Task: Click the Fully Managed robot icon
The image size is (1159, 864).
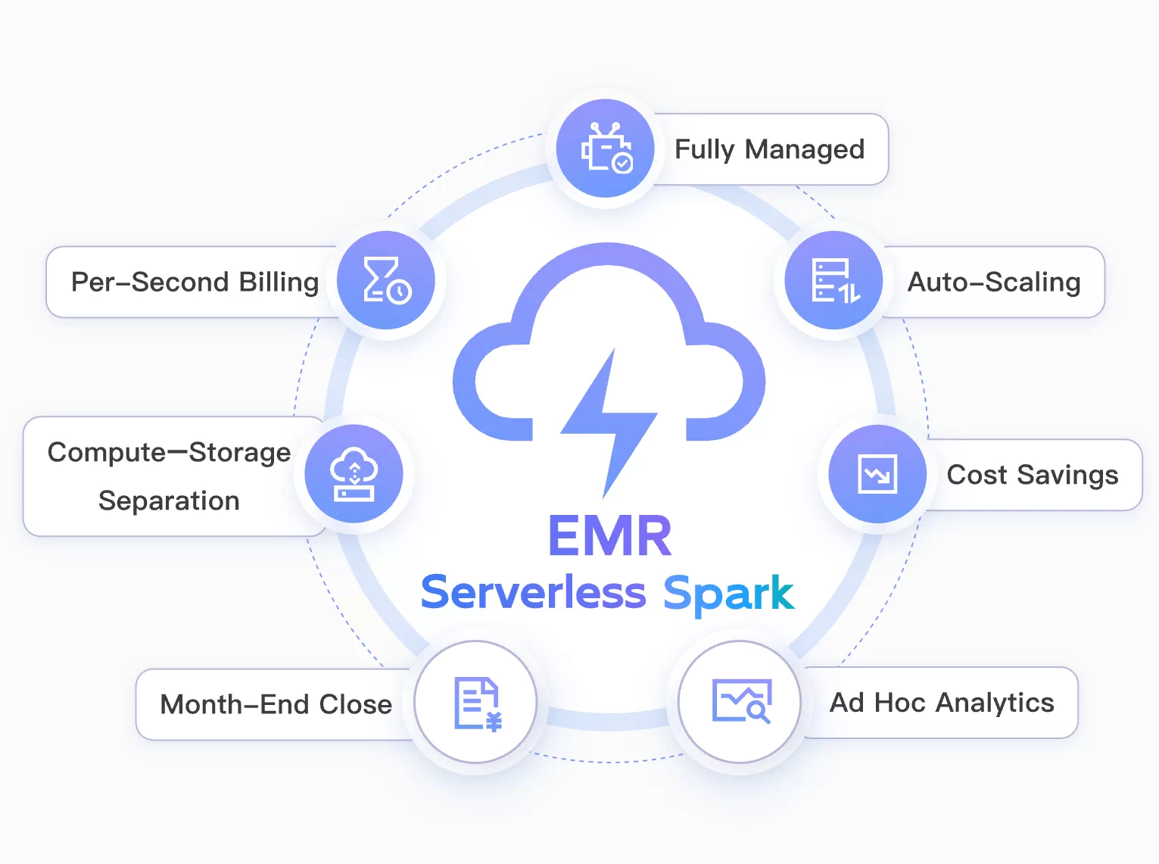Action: [x=606, y=148]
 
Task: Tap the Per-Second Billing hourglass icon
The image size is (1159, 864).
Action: [x=386, y=280]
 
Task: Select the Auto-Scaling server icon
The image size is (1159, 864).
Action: [x=834, y=280]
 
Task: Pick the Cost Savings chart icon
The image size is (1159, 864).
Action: [x=877, y=474]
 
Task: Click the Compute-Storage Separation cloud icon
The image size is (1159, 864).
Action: [x=354, y=474]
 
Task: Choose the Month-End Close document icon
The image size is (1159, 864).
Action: [x=476, y=703]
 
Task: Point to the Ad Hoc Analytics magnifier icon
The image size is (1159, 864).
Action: [x=741, y=701]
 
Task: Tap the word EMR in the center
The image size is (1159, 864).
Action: [x=609, y=536]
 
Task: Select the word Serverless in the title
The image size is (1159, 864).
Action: [x=533, y=592]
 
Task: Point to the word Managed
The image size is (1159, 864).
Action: [x=804, y=150]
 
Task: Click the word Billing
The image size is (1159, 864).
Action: [x=279, y=282]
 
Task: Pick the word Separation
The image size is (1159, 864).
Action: [x=169, y=501]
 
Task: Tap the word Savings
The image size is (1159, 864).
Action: [x=1067, y=476]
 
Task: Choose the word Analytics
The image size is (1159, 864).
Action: [x=995, y=703]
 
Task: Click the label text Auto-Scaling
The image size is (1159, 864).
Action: [x=993, y=282]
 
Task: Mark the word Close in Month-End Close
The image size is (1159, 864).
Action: [x=355, y=705]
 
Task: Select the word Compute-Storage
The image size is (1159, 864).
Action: [x=169, y=453]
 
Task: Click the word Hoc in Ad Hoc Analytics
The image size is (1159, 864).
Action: [x=900, y=703]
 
